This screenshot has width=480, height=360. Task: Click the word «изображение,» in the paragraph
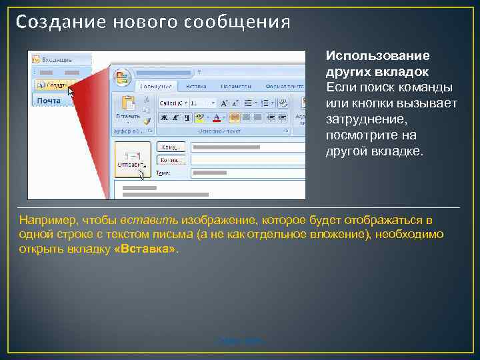[x=214, y=220]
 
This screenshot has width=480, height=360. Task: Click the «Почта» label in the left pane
[x=49, y=101]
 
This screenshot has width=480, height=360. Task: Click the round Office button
[x=122, y=78]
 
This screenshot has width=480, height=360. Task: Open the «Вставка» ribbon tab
[x=195, y=86]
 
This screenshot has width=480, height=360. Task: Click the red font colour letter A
[x=216, y=117]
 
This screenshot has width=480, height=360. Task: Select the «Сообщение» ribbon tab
[x=155, y=86]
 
